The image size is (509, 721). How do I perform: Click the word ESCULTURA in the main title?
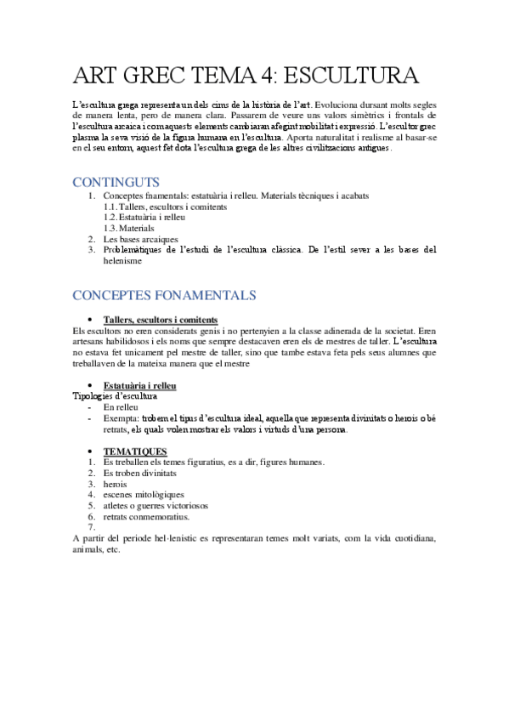pyautogui.click(x=350, y=77)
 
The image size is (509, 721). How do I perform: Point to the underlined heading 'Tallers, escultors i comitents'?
pyautogui.click(x=160, y=319)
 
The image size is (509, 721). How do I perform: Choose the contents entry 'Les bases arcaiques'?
pyautogui.click(x=140, y=239)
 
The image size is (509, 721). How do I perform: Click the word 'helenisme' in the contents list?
pyautogui.click(x=122, y=261)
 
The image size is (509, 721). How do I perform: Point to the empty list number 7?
pyautogui.click(x=92, y=527)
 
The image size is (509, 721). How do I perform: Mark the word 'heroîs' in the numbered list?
pyautogui.click(x=116, y=483)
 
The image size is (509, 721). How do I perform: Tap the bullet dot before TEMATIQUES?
pyautogui.click(x=91, y=451)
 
